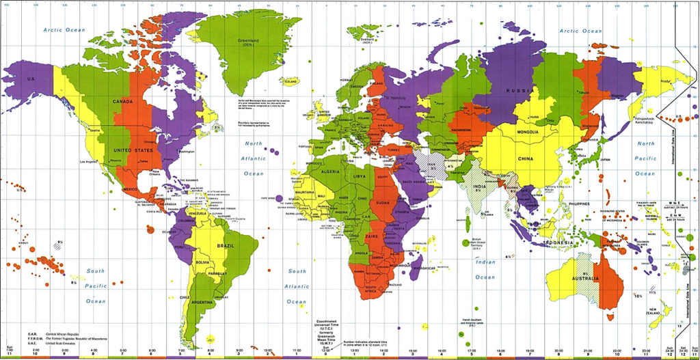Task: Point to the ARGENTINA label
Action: [x=202, y=301]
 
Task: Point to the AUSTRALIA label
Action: [x=586, y=279]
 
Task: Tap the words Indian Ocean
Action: [x=485, y=269]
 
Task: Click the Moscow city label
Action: [x=405, y=107]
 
